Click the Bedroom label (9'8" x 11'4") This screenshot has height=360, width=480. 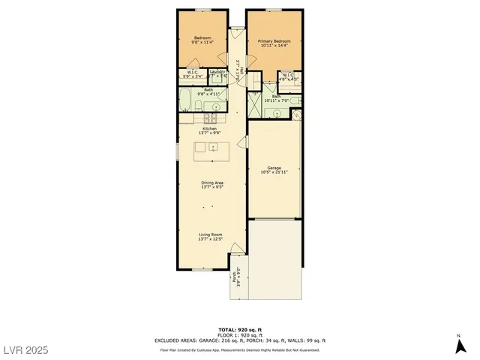tap(202, 40)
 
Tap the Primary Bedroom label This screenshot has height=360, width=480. tap(274, 43)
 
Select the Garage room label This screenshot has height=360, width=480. tap(274, 170)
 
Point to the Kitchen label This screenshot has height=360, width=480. tap(209, 130)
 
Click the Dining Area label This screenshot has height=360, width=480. tap(212, 184)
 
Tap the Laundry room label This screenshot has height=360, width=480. tap(217, 74)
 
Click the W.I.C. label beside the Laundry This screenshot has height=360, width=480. tap(192, 74)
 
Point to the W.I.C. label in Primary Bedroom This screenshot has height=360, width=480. tap(289, 76)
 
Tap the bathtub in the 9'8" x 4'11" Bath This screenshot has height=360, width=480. tap(186, 99)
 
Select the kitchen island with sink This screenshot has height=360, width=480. tap(212, 151)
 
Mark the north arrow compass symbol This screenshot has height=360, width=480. tap(458, 344)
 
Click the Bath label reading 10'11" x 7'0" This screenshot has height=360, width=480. tap(277, 98)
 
